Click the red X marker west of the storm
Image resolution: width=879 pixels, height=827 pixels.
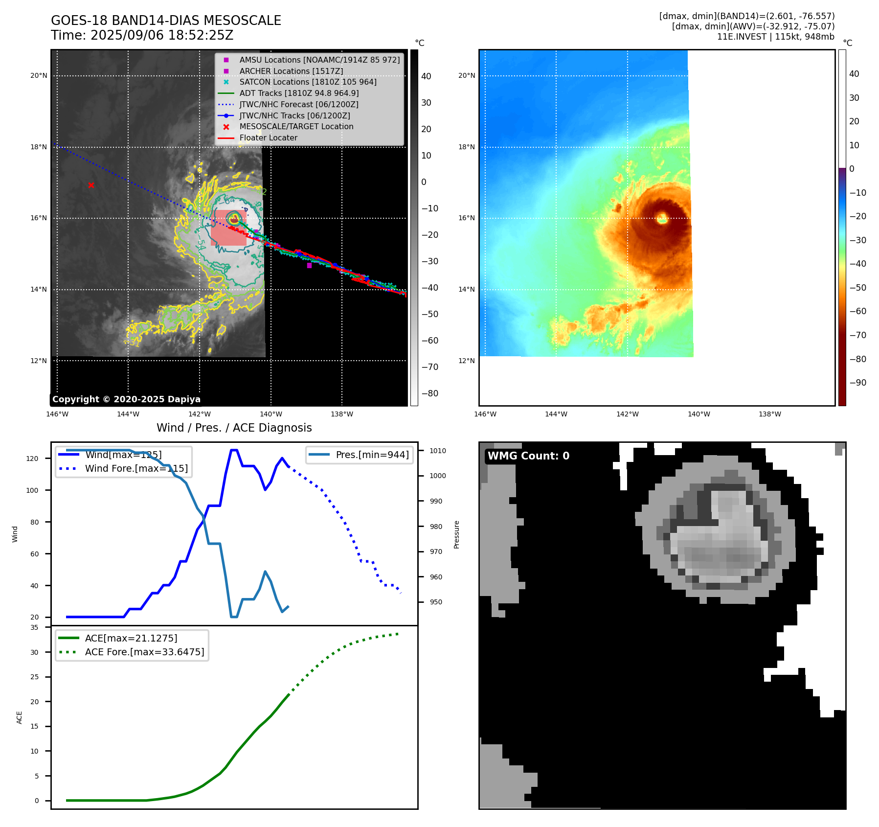[91, 185]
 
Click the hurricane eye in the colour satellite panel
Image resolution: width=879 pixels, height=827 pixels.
[662, 218]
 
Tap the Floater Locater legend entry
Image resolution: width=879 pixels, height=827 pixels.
[268, 138]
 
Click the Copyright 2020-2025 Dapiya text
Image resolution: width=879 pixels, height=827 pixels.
[126, 399]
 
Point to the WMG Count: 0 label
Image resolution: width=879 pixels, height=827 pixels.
[528, 456]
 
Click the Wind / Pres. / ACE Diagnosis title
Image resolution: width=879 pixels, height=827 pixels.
[234, 428]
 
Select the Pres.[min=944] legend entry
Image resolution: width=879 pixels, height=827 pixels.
[372, 455]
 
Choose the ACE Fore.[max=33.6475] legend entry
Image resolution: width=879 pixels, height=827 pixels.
[144, 652]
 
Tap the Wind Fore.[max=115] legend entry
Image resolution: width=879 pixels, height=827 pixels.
[136, 468]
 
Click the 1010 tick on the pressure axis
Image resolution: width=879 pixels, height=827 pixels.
[438, 451]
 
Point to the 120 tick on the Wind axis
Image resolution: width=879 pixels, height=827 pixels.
[32, 459]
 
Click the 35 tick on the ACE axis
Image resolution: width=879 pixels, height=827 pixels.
[34, 627]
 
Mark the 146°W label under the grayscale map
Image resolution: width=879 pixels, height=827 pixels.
[57, 414]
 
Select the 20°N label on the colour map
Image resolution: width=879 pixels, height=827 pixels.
[467, 75]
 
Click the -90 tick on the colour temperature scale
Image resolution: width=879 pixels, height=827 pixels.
[857, 383]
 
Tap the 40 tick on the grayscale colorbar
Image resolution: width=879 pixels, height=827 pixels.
[426, 76]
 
